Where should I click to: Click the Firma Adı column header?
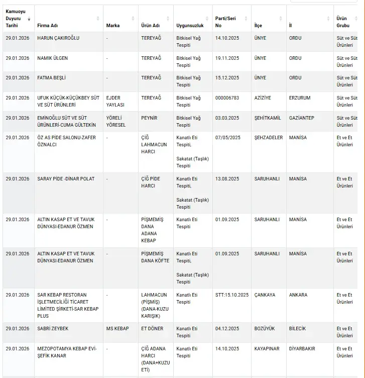(48, 25)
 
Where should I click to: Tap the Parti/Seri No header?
(225, 22)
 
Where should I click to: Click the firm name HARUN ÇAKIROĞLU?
(58, 38)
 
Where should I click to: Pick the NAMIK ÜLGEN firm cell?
(53, 58)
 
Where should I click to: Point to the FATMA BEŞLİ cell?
(52, 78)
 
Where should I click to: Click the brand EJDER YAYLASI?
(115, 102)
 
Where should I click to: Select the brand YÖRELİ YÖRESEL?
(116, 121)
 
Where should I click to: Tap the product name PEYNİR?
(149, 118)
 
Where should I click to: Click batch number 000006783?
(228, 98)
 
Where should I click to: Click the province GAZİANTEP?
(302, 118)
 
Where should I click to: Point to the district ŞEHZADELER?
(269, 138)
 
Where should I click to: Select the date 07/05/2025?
(228, 138)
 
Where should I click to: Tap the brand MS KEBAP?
(117, 329)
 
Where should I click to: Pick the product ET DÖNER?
(153, 329)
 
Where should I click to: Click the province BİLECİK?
(297, 329)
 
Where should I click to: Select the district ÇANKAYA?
(265, 295)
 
